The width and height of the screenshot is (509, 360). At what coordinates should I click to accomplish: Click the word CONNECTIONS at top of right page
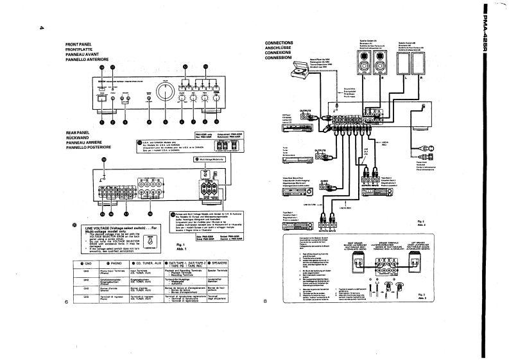279,42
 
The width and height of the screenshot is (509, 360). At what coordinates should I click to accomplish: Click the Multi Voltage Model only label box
210,158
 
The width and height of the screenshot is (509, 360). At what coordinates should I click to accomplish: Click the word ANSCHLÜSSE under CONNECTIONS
279,47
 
